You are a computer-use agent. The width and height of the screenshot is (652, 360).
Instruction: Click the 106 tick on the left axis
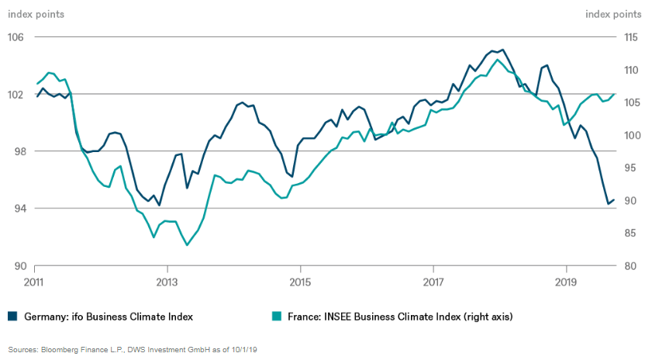[x=16, y=37]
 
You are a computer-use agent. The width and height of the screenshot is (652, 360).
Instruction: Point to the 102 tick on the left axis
[x=16, y=95]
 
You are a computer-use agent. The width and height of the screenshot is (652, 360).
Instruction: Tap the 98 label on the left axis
[x=16, y=151]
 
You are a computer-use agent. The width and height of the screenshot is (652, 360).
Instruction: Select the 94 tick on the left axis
[x=16, y=209]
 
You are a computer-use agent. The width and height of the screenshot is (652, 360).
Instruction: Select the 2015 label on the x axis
[x=300, y=280]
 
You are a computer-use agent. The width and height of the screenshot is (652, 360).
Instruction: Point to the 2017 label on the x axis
[x=433, y=280]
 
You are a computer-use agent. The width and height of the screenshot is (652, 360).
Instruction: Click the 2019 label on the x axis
[x=567, y=280]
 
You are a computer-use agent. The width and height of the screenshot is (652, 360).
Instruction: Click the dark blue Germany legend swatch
[x=12, y=316]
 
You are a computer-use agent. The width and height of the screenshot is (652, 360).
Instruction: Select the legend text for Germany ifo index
[x=109, y=317]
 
